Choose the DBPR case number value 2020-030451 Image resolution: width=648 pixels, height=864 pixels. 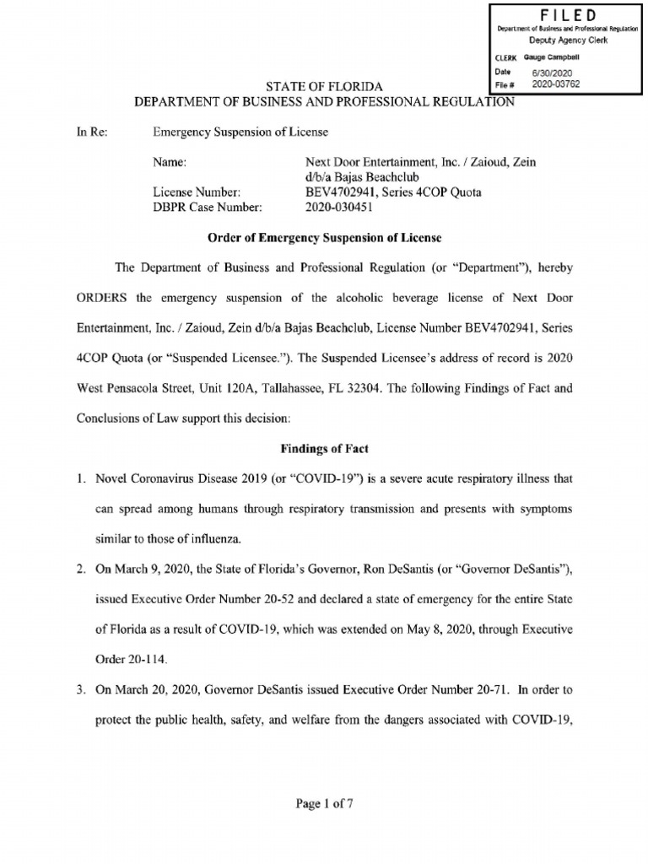click(341, 207)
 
